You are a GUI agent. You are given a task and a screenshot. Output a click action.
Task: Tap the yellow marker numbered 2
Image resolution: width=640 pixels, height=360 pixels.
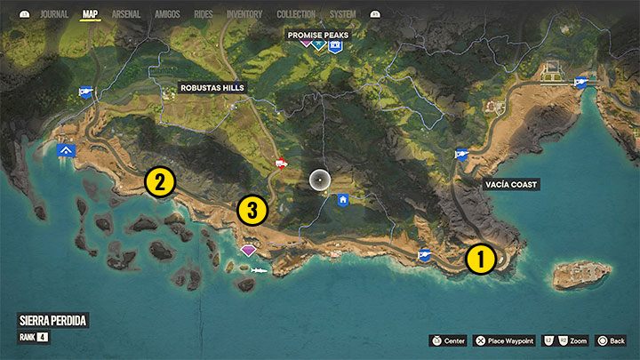tap(159, 182)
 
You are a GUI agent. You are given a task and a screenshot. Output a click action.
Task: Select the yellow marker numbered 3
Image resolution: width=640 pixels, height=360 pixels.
tap(252, 211)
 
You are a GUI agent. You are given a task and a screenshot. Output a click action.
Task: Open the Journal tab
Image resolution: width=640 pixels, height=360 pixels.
tap(54, 14)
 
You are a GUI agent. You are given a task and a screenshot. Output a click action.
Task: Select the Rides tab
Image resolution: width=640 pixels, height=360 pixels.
tap(204, 14)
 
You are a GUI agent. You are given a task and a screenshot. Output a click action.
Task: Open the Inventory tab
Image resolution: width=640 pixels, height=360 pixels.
tap(244, 14)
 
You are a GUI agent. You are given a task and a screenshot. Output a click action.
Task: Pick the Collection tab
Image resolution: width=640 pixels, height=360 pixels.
tap(296, 14)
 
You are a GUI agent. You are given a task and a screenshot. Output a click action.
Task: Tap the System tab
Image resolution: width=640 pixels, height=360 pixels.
tap(342, 14)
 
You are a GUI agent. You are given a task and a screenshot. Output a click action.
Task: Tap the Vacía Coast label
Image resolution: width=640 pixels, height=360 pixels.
tap(512, 184)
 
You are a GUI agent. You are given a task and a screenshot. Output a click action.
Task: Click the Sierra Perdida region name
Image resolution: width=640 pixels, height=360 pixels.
tap(52, 320)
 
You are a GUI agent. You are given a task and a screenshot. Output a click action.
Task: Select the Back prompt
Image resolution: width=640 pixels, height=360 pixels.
tap(612, 340)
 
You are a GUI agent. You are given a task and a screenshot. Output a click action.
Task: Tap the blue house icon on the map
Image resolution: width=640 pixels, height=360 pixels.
tap(342, 200)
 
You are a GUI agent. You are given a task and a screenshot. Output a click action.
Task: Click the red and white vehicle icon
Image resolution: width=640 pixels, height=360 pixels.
tap(282, 163)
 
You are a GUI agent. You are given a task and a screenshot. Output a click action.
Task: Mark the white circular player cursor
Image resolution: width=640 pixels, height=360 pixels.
tap(320, 180)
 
